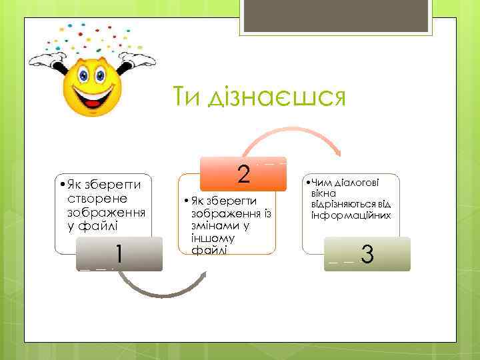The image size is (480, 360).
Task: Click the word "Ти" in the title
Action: click(187, 98)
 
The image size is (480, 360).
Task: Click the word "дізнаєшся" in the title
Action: click(275, 98)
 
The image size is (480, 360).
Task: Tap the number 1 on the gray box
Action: click(118, 254)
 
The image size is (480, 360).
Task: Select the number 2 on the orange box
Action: click(243, 174)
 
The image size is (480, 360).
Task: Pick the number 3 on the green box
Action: click(366, 255)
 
